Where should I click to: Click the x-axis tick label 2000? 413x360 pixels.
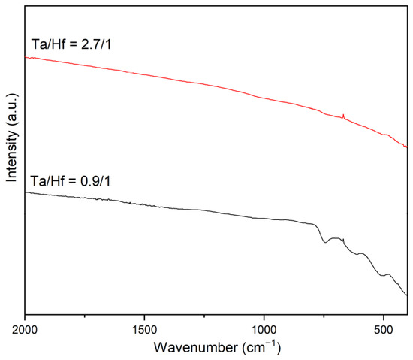tap(25, 330)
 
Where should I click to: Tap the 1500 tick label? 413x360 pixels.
tap(144, 330)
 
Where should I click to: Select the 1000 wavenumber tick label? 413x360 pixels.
tap(264, 330)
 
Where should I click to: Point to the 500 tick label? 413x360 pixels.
tap(384, 330)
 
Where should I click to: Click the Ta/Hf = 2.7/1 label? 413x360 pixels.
tap(71, 44)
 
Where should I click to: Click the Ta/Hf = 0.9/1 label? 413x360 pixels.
tap(71, 181)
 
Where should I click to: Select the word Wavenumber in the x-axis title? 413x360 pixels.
tap(195, 347)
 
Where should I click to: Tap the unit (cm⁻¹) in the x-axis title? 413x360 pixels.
tap(261, 346)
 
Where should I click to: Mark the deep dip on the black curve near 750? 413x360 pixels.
tap(325, 242)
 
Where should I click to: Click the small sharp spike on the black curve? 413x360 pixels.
tap(343, 239)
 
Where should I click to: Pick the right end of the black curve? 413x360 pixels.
tap(407, 295)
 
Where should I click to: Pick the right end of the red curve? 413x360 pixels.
tap(407, 147)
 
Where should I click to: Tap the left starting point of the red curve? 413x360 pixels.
tap(26, 57)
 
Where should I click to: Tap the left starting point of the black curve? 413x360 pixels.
tap(26, 192)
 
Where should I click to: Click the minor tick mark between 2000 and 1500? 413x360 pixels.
tap(85, 316)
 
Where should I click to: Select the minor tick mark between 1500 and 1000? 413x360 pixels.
tap(204, 316)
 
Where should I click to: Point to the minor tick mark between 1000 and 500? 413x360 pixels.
tap(324, 316)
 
